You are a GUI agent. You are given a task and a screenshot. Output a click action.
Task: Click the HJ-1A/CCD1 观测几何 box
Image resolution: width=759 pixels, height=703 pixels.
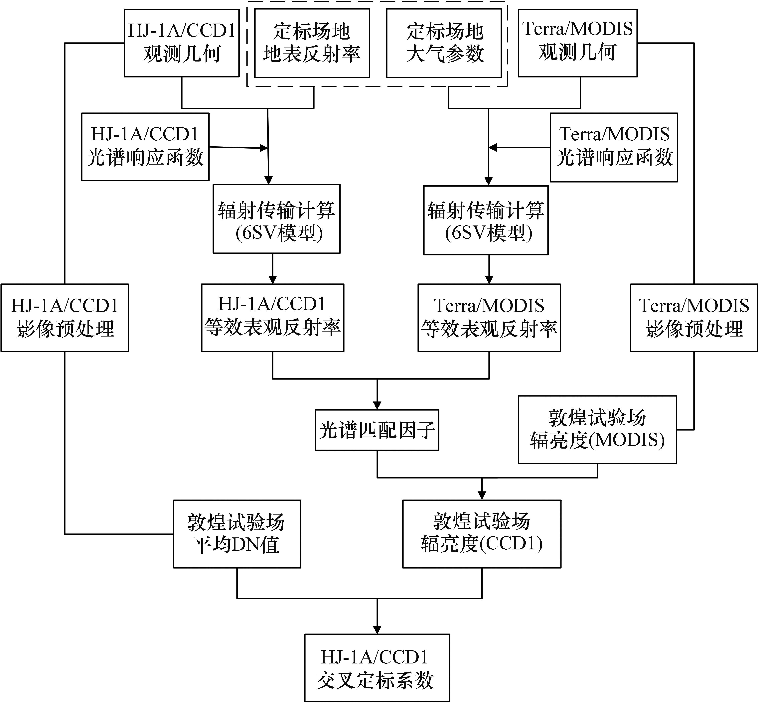[182, 43]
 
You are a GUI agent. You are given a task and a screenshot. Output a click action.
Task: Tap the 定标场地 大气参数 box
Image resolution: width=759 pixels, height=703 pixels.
[444, 43]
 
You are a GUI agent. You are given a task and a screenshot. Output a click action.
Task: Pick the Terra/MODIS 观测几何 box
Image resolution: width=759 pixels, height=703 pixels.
[577, 43]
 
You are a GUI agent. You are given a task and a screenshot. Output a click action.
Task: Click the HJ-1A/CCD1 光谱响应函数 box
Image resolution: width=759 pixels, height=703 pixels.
[145, 146]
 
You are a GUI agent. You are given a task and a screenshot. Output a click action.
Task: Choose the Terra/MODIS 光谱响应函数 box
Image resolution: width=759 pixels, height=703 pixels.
[614, 147]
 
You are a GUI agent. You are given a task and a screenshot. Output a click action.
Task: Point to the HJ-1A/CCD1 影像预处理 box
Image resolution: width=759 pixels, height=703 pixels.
[65, 318]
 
